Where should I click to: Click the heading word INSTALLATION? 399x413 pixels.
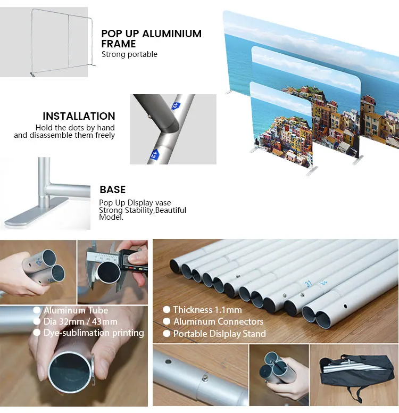coord(79,116)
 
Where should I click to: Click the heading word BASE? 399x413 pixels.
coord(112,189)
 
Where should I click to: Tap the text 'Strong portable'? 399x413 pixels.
coord(129,54)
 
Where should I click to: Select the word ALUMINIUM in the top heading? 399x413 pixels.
coord(172,34)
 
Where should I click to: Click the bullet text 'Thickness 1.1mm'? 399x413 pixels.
coord(207,310)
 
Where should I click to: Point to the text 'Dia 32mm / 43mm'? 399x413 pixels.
coord(80,321)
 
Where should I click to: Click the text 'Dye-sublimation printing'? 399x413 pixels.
coord(94,333)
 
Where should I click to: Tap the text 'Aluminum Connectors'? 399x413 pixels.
coord(218,321)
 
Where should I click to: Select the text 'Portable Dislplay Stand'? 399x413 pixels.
coord(219,334)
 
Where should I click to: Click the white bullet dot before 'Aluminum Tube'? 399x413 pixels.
coord(37,310)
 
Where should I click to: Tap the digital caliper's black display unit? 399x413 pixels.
coord(132,261)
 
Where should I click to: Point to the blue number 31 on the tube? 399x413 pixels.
coord(309,284)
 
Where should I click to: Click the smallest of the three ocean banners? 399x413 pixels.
coord(281,125)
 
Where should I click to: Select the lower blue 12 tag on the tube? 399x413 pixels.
coord(154,155)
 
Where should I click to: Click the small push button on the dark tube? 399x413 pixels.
coord(149,116)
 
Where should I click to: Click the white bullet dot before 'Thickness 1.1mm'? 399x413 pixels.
coord(167,310)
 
